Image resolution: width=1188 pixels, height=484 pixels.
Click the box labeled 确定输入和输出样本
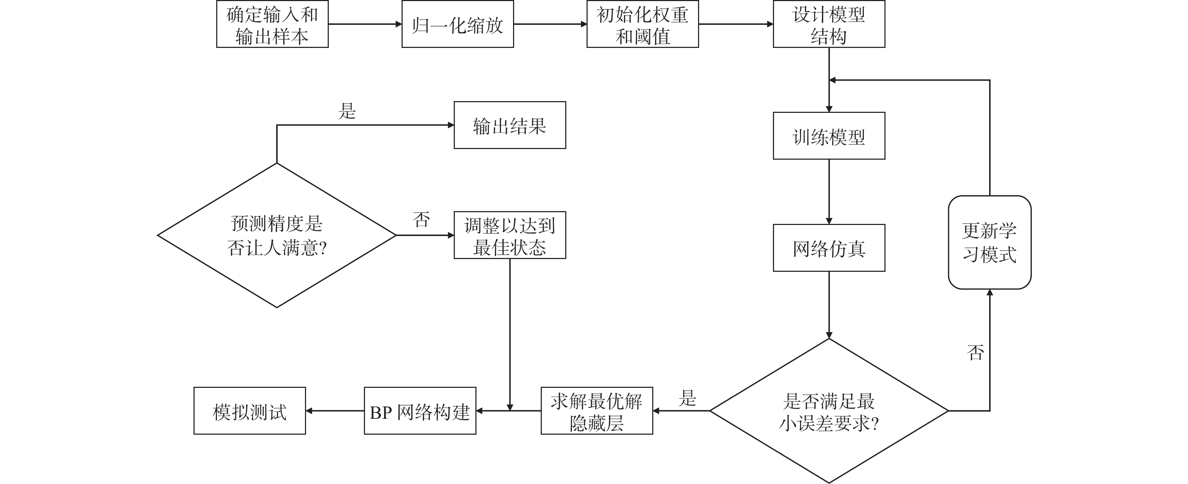(272, 24)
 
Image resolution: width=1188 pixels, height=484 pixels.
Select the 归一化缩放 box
(458, 24)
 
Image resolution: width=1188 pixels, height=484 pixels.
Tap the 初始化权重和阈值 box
(642, 24)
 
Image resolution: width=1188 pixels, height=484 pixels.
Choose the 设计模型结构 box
(829, 24)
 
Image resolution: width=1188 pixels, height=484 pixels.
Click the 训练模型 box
(829, 136)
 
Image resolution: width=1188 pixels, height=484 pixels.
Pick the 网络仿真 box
(829, 248)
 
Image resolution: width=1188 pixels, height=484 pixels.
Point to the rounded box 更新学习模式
(989, 242)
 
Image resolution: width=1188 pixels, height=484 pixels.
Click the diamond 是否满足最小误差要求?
(829, 411)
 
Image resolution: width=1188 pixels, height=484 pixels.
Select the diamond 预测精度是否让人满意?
(277, 236)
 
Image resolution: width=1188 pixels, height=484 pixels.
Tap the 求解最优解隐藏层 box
(596, 411)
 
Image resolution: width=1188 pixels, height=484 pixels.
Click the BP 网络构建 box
(420, 411)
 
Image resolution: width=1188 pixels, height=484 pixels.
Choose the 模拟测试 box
(250, 411)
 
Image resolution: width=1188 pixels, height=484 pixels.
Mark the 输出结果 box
(509, 125)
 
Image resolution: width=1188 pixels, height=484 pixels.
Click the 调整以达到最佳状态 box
(509, 236)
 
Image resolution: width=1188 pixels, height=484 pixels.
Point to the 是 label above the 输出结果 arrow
(347, 111)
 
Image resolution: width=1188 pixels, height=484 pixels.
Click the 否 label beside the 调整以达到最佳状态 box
(421, 220)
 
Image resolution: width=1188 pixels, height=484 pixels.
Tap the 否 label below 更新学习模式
(975, 353)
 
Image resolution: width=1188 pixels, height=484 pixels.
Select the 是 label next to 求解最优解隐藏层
(687, 398)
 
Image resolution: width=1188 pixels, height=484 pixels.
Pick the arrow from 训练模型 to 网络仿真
(829, 192)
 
